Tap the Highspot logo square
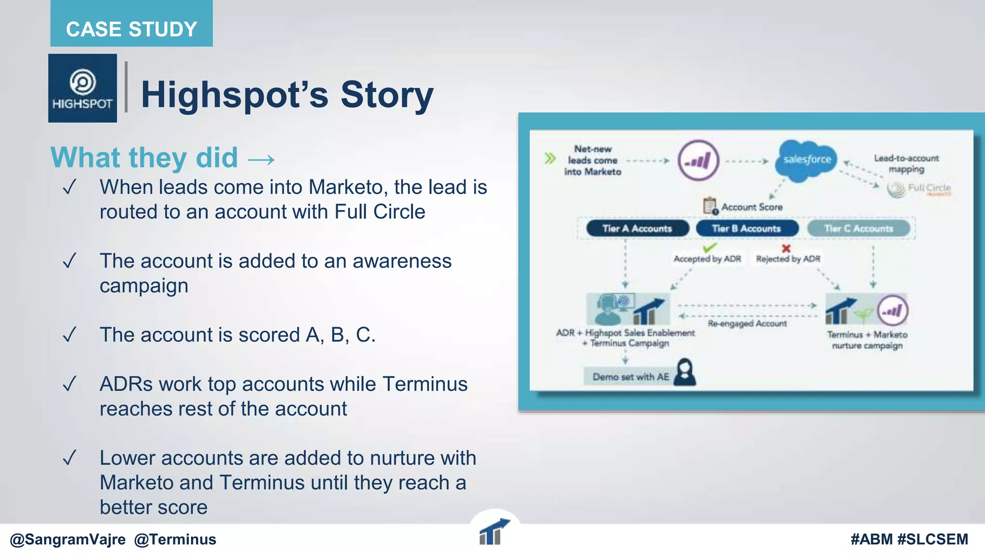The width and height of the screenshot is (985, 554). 82,88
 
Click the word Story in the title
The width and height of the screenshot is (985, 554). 387,95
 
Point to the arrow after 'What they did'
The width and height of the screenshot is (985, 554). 261,159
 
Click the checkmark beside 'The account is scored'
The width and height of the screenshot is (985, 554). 70,334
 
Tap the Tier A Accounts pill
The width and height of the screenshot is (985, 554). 637,228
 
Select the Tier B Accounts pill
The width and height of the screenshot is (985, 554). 746,228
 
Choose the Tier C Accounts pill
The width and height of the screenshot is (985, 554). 859,228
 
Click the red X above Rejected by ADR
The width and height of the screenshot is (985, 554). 786,248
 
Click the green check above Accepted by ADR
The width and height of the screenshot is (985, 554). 709,248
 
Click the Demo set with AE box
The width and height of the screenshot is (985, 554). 631,377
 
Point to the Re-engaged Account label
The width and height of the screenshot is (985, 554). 747,324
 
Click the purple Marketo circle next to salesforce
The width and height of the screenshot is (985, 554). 698,161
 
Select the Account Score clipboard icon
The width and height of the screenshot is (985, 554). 709,206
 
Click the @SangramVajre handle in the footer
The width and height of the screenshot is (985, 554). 68,540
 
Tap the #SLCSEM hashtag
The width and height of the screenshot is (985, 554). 933,540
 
